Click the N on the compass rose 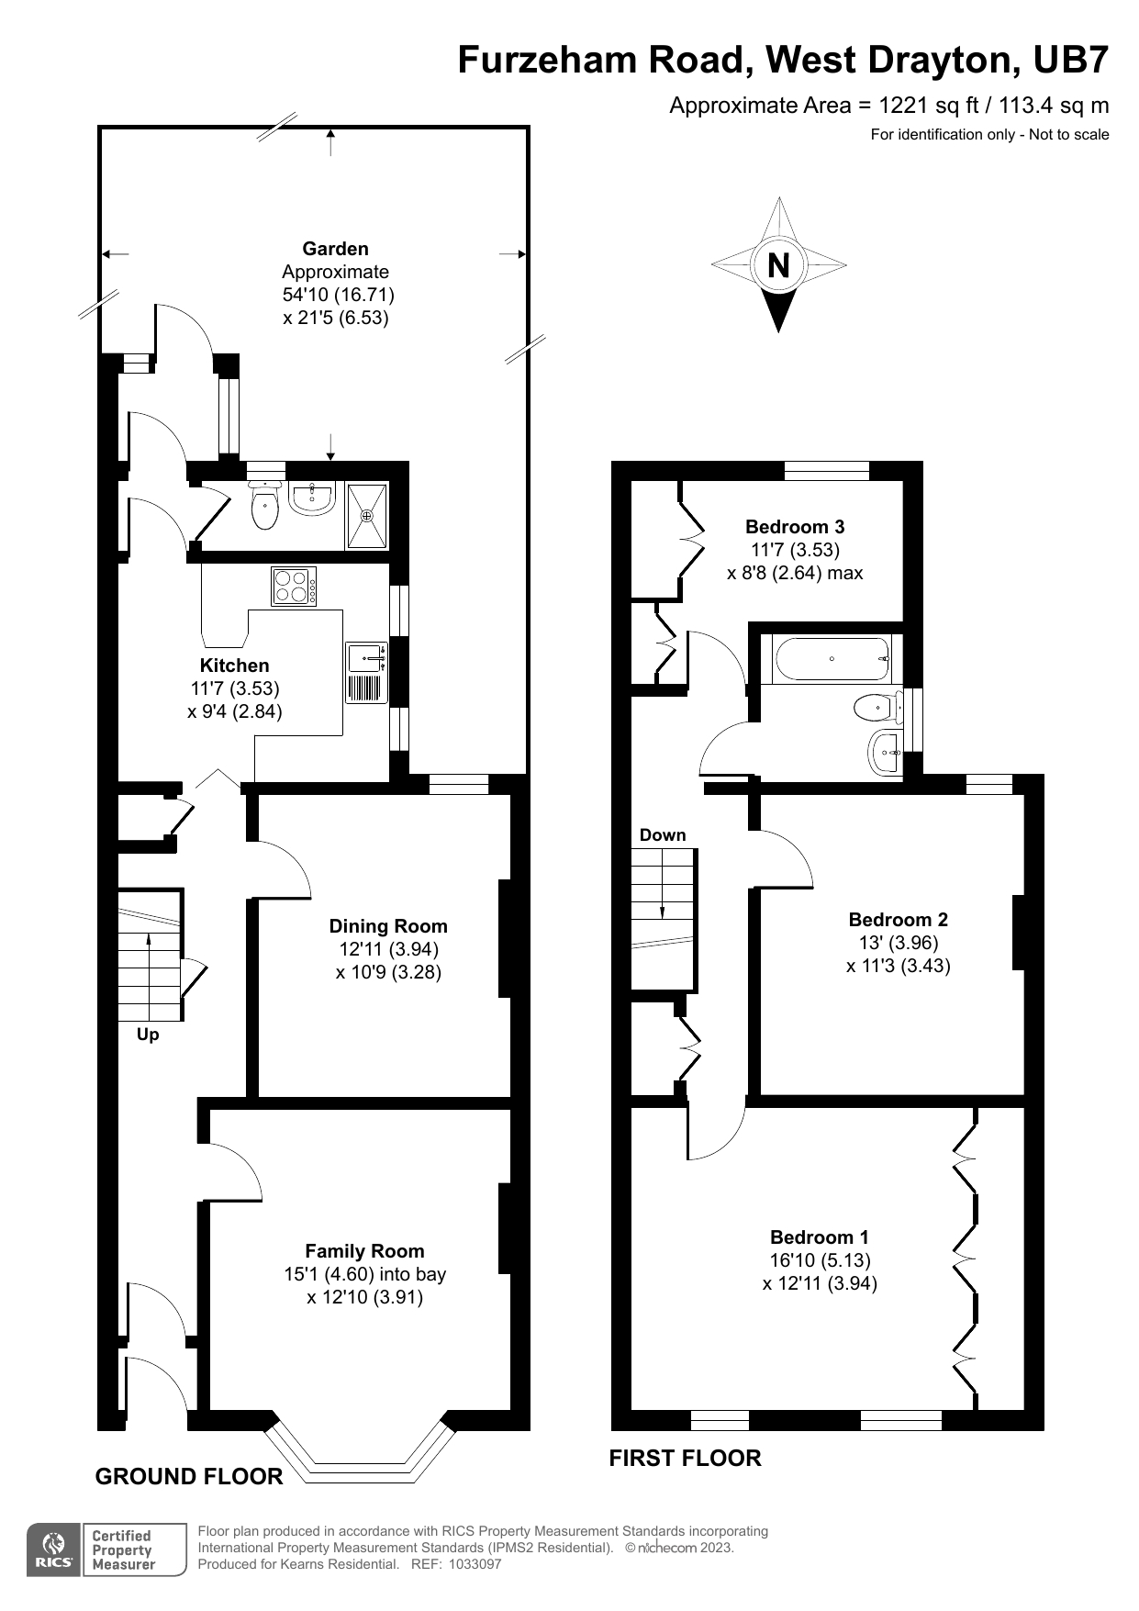click(x=778, y=265)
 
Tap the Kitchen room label click(x=234, y=666)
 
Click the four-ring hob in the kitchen click(x=294, y=587)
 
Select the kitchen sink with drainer click(x=366, y=673)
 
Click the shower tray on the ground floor click(x=367, y=516)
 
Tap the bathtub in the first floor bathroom click(x=832, y=659)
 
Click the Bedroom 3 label click(x=795, y=527)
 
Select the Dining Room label click(x=388, y=926)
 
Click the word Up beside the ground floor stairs click(x=148, y=1035)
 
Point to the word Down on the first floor click(x=663, y=834)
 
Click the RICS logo click(x=55, y=1549)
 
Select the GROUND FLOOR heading click(x=189, y=1476)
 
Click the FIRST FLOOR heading click(x=685, y=1458)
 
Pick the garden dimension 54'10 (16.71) click(x=339, y=295)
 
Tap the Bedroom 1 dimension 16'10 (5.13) click(x=820, y=1260)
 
